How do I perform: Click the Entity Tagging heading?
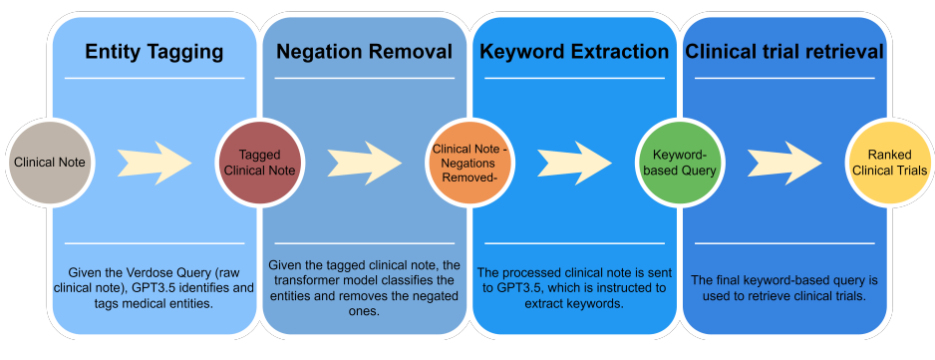(x=154, y=52)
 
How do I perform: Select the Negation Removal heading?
(x=365, y=52)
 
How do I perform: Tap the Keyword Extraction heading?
(x=574, y=52)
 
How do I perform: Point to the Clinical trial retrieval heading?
(x=784, y=52)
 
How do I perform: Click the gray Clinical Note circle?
(x=50, y=162)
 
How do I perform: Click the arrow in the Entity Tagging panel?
(x=155, y=163)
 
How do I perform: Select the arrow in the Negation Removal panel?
(x=365, y=163)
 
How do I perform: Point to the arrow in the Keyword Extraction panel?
(x=575, y=163)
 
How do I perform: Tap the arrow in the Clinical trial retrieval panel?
(x=784, y=163)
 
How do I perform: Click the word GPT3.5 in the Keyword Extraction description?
(x=521, y=288)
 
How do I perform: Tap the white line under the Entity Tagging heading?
(x=155, y=78)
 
